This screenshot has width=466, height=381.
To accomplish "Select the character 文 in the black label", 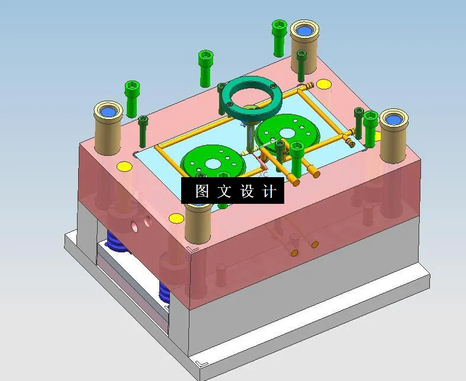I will click(x=224, y=191).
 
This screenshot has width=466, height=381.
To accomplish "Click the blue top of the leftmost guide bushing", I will click(x=108, y=110).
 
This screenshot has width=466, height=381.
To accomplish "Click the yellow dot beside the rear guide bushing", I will click(x=323, y=84).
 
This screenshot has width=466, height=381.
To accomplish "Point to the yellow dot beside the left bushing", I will click(x=123, y=167).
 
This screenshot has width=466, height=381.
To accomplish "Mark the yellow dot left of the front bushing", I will click(x=176, y=219).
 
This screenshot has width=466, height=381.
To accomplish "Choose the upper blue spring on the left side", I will click(x=116, y=242).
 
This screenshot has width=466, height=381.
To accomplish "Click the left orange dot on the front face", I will click(x=294, y=252).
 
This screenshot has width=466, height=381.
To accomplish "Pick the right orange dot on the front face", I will click(x=314, y=244).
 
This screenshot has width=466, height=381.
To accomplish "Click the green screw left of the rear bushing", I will click(x=279, y=35).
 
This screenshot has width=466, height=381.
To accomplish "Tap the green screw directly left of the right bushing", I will click(x=371, y=127).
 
